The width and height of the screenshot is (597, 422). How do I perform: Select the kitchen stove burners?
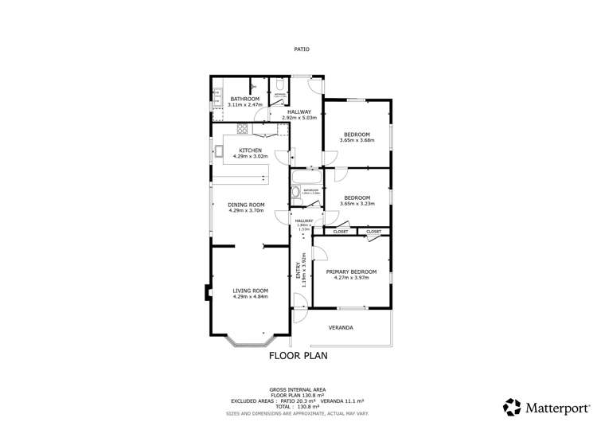[x=243, y=128]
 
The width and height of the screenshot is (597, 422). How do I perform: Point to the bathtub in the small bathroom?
[x=306, y=176]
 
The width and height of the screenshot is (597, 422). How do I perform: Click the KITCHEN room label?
[x=250, y=150]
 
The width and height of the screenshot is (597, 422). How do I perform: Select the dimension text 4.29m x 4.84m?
[x=250, y=296]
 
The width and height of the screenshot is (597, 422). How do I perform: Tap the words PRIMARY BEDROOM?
[x=351, y=272]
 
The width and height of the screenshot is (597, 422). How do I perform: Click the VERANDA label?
[x=341, y=327]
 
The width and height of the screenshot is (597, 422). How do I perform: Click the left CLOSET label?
[x=340, y=232]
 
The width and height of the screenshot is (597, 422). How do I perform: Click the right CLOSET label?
[x=373, y=232]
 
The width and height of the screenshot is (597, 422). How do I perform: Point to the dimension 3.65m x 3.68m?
[x=357, y=141]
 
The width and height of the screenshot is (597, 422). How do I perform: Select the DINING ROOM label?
[x=246, y=205]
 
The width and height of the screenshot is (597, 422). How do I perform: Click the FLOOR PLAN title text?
[x=298, y=356]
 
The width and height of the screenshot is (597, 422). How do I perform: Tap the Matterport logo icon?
[x=513, y=406]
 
